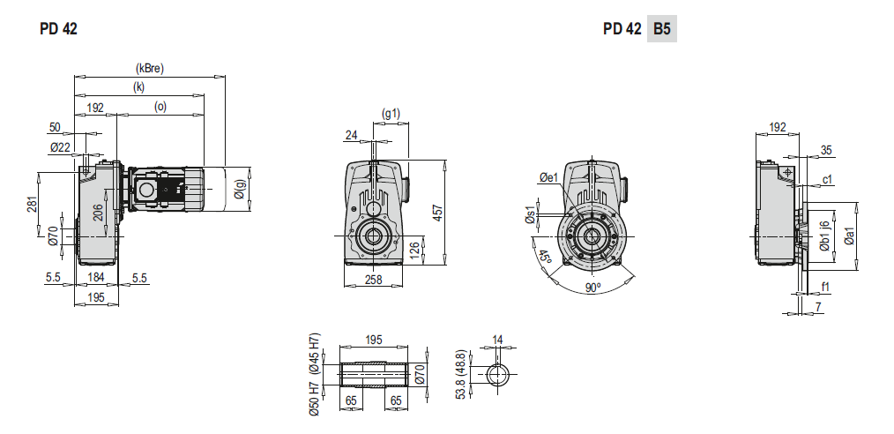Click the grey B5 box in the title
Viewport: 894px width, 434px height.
(661, 28)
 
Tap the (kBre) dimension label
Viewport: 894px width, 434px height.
(149, 69)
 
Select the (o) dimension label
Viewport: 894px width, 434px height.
(160, 107)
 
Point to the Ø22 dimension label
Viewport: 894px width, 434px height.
(60, 147)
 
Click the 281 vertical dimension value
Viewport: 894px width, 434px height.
(32, 204)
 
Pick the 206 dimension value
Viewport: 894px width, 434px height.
(98, 213)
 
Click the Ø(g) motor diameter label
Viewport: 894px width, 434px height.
(240, 190)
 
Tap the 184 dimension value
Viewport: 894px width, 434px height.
(96, 279)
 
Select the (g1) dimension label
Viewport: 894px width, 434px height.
(391, 114)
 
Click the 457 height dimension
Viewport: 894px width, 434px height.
(438, 213)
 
